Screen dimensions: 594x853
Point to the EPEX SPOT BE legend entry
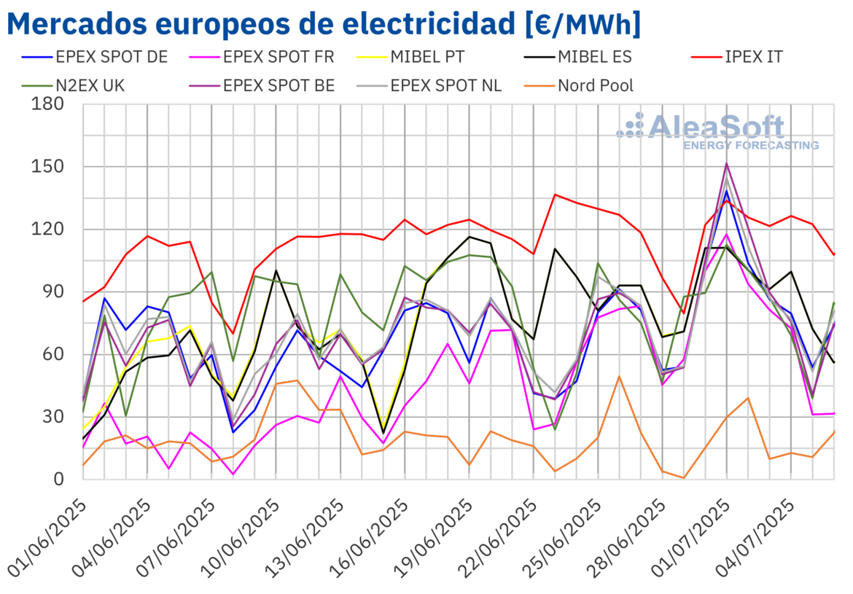coord(279,85)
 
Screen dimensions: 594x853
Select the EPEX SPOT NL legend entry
coord(445,85)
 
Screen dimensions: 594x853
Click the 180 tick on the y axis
coord(48,104)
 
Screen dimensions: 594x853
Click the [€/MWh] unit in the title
coord(583,23)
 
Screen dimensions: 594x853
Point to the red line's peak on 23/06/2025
coord(556,195)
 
